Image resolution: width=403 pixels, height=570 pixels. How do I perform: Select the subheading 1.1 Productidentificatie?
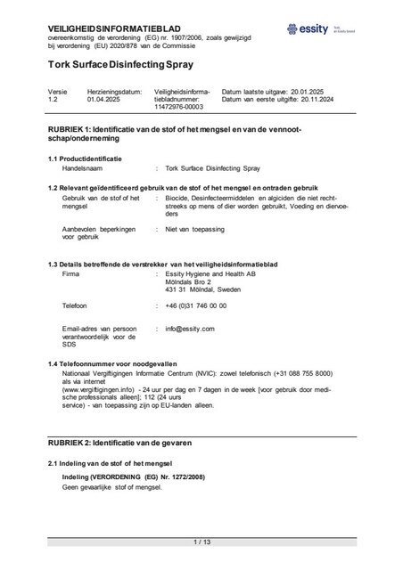86,159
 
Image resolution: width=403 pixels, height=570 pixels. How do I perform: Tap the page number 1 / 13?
201,541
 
